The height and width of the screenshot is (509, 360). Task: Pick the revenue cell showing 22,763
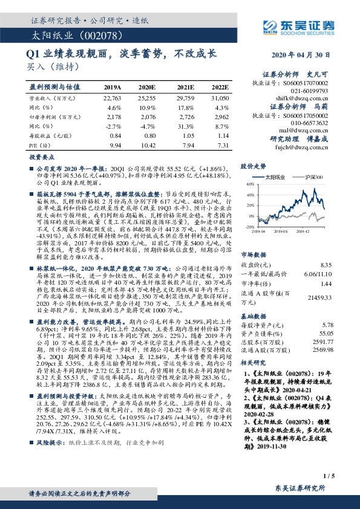(113, 97)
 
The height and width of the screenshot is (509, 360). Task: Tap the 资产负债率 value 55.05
(327, 333)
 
